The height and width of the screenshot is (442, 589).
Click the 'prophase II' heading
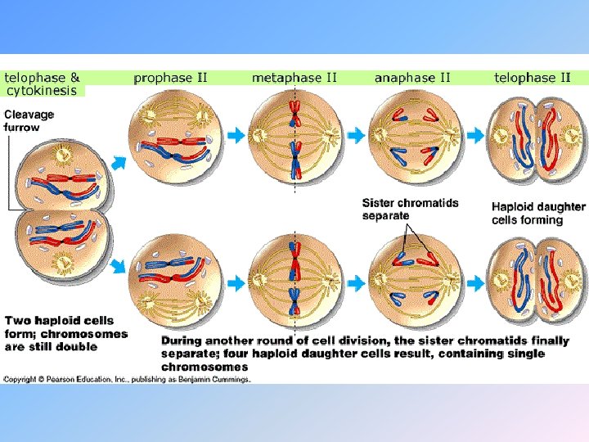(170, 79)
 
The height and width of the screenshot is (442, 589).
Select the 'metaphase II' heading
(294, 79)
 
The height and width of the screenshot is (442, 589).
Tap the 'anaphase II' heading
(412, 79)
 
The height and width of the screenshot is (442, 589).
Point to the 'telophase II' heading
(532, 79)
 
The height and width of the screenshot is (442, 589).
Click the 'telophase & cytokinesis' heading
(43, 84)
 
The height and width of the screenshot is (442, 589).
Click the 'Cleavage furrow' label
(29, 120)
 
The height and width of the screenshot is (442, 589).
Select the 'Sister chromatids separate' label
(410, 209)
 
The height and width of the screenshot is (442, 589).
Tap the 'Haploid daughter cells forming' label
(538, 213)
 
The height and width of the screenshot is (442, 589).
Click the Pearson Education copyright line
(127, 379)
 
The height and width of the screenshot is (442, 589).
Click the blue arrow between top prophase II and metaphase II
(235, 136)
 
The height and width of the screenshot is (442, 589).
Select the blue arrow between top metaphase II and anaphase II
(353, 136)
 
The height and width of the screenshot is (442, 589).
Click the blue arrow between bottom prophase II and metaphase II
(235, 283)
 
